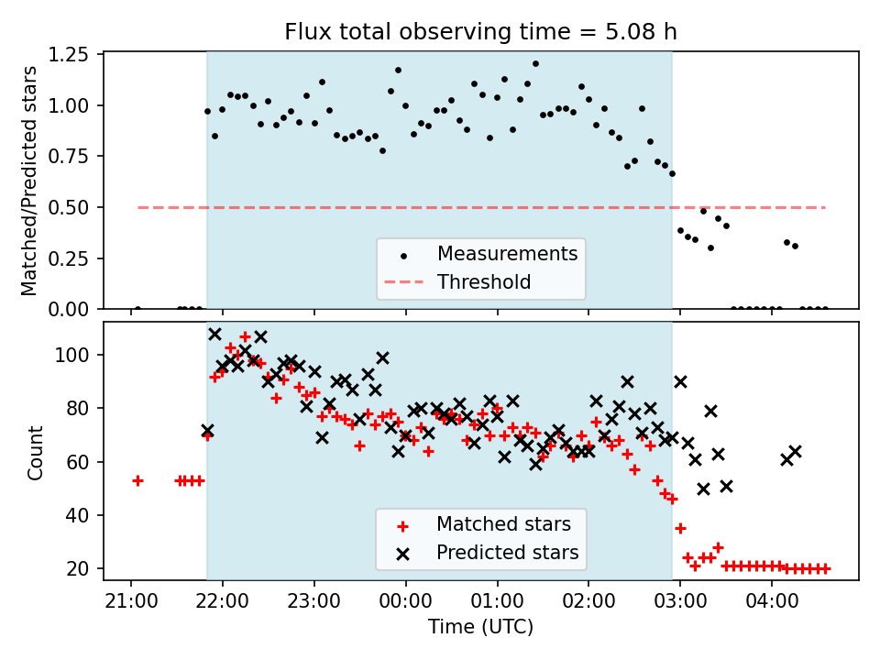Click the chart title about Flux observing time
click(x=481, y=32)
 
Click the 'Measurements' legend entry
click(x=507, y=253)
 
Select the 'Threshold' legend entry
click(x=484, y=281)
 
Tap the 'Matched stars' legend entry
click(x=503, y=524)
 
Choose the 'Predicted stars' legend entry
click(x=507, y=553)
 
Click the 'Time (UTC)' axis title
click(x=481, y=627)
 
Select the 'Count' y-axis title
click(x=36, y=452)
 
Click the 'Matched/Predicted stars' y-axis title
click(x=29, y=181)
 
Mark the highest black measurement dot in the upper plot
click(x=535, y=64)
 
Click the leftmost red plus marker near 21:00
click(x=137, y=480)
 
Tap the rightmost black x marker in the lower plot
click(x=795, y=451)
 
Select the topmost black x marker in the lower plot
click(x=214, y=335)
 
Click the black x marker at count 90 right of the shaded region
click(x=680, y=381)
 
